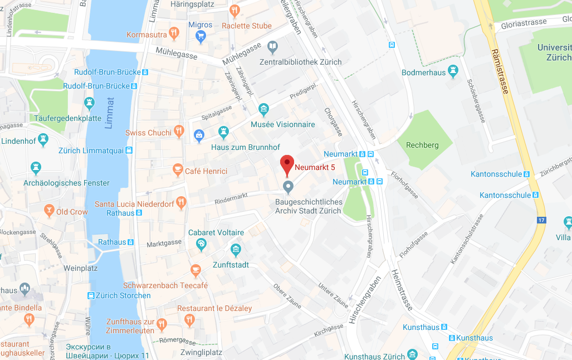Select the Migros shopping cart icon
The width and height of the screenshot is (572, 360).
point(201,37)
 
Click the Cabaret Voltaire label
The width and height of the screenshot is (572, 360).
point(216,232)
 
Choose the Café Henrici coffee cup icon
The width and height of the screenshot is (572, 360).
point(178,169)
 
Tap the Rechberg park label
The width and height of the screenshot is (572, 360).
point(422,145)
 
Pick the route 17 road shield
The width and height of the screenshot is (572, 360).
point(540,220)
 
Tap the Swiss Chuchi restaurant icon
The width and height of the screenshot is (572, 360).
point(179,131)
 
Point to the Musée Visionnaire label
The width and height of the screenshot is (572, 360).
point(283,124)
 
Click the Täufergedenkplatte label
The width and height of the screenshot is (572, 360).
point(68,118)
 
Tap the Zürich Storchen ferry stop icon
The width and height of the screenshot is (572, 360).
point(91,295)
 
